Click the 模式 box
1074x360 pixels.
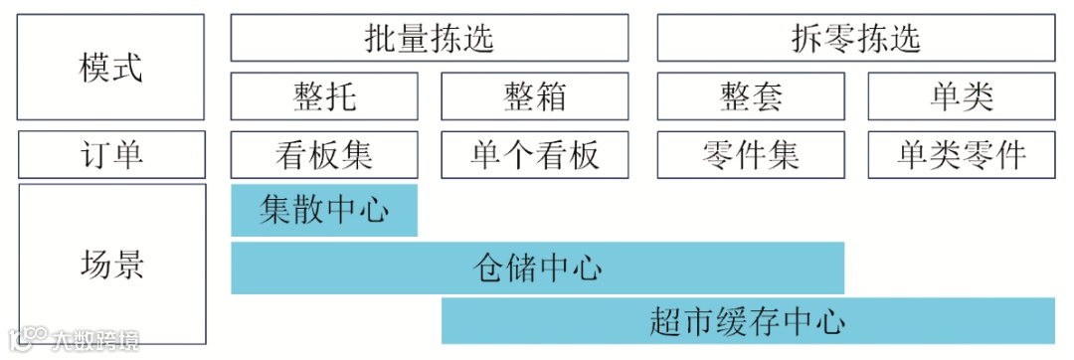[111, 67]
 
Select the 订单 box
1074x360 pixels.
[111, 154]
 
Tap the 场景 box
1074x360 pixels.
[111, 265]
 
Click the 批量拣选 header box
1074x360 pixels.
[429, 38]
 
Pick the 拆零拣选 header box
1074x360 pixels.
[855, 38]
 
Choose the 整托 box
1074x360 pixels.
[324, 96]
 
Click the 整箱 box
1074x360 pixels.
[535, 96]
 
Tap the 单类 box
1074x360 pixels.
[961, 96]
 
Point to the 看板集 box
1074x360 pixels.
[324, 154]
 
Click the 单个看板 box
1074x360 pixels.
[535, 154]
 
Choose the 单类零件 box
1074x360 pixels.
[961, 154]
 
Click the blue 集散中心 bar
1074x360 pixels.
[324, 210]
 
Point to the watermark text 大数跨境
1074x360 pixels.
[96, 340]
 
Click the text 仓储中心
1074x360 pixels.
[537, 268]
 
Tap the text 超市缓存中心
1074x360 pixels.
[748, 321]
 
